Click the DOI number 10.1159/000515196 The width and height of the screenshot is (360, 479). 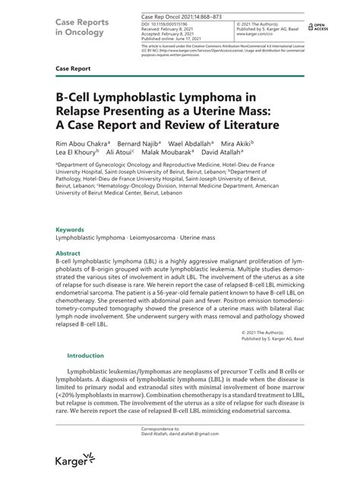point(155,24)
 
